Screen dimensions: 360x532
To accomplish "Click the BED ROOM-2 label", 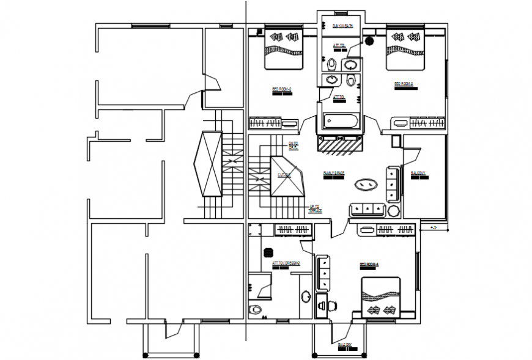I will click(x=281, y=91).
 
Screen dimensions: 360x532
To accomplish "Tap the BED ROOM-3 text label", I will click(x=404, y=84).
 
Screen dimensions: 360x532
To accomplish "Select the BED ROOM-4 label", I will click(x=369, y=265).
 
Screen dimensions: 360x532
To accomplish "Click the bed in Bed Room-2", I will click(x=283, y=49).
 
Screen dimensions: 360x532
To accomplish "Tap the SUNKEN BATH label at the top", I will click(x=341, y=26).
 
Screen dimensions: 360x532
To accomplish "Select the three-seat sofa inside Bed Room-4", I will click(x=323, y=273).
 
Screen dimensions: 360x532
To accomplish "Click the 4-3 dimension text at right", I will click(x=435, y=229).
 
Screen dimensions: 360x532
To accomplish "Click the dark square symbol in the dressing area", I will click(x=267, y=251).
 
